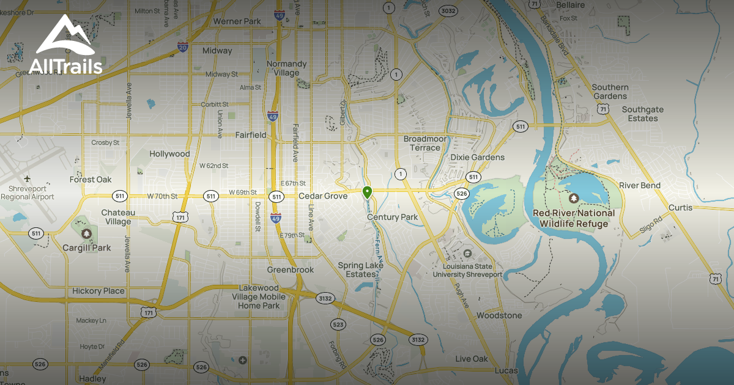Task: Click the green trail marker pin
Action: (x=367, y=193)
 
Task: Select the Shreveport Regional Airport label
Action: (x=28, y=193)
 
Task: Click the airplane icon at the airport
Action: (x=27, y=178)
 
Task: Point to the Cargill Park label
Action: (x=87, y=248)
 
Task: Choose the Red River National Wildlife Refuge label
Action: (x=574, y=218)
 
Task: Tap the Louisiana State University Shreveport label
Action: (x=468, y=270)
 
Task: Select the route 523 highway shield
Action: (x=337, y=324)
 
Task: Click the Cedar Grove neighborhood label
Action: (x=323, y=196)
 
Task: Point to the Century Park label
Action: (x=393, y=217)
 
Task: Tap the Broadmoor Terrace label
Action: (x=425, y=143)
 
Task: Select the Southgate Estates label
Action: (x=642, y=114)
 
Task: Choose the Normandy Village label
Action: (x=287, y=68)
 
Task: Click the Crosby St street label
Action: (x=105, y=142)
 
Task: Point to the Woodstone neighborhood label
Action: (x=499, y=315)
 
